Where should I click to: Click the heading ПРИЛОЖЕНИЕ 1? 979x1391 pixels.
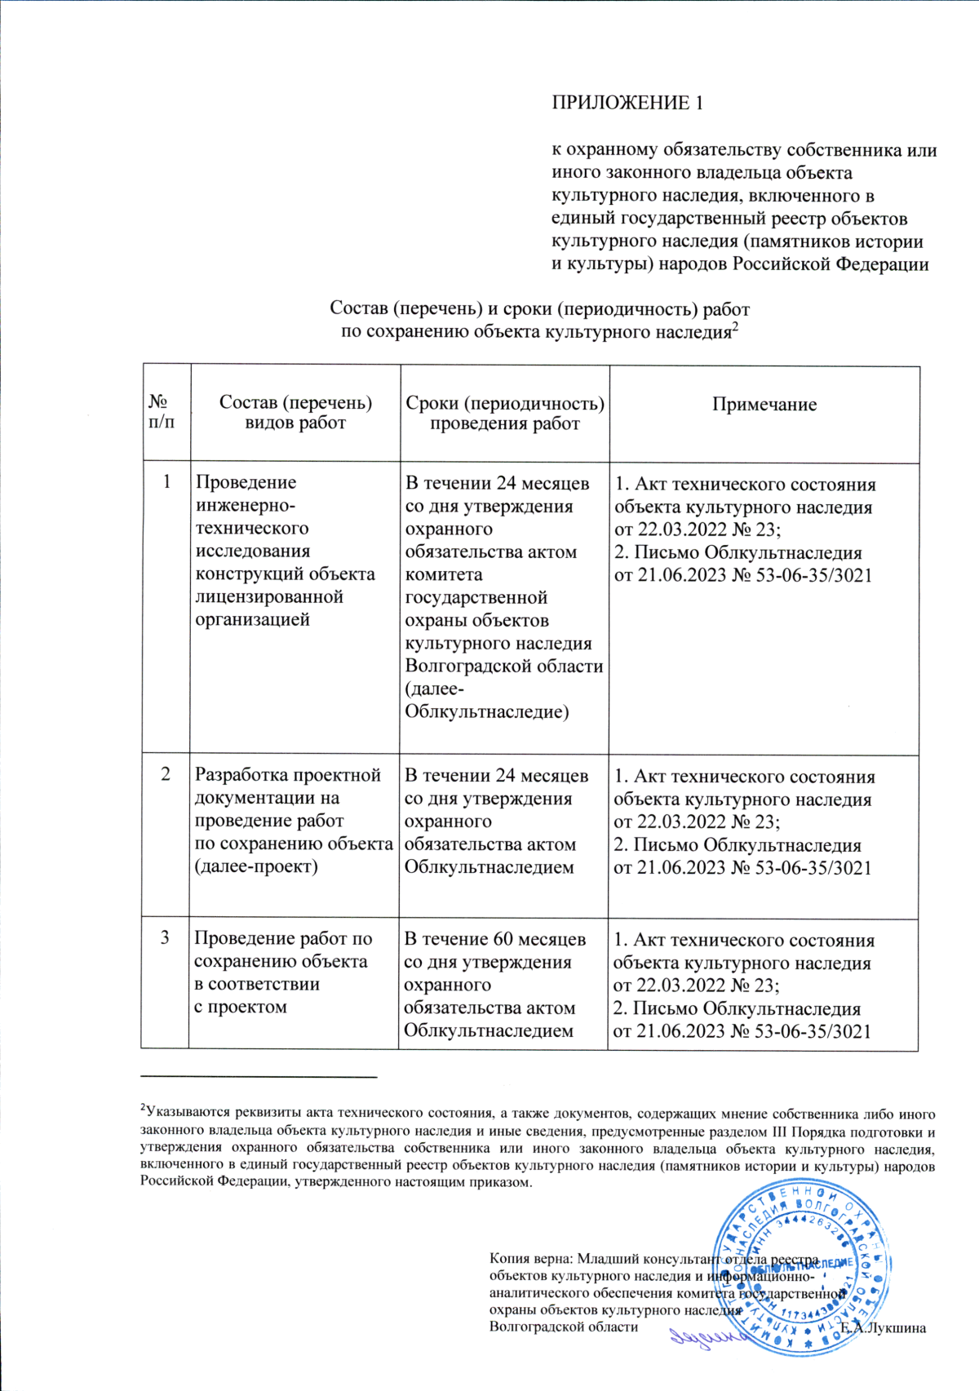click(x=627, y=103)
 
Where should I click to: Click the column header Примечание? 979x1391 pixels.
click(x=764, y=405)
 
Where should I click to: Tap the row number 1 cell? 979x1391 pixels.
click(x=167, y=482)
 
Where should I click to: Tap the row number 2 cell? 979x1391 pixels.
click(x=166, y=774)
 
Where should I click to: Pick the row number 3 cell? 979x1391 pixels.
click(x=165, y=938)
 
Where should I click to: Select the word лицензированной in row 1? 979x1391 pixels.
click(x=269, y=596)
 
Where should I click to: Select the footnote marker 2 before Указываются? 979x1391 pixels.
click(x=143, y=1108)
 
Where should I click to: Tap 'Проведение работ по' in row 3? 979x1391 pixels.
click(x=282, y=939)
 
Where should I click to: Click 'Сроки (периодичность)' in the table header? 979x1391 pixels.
click(x=505, y=404)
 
